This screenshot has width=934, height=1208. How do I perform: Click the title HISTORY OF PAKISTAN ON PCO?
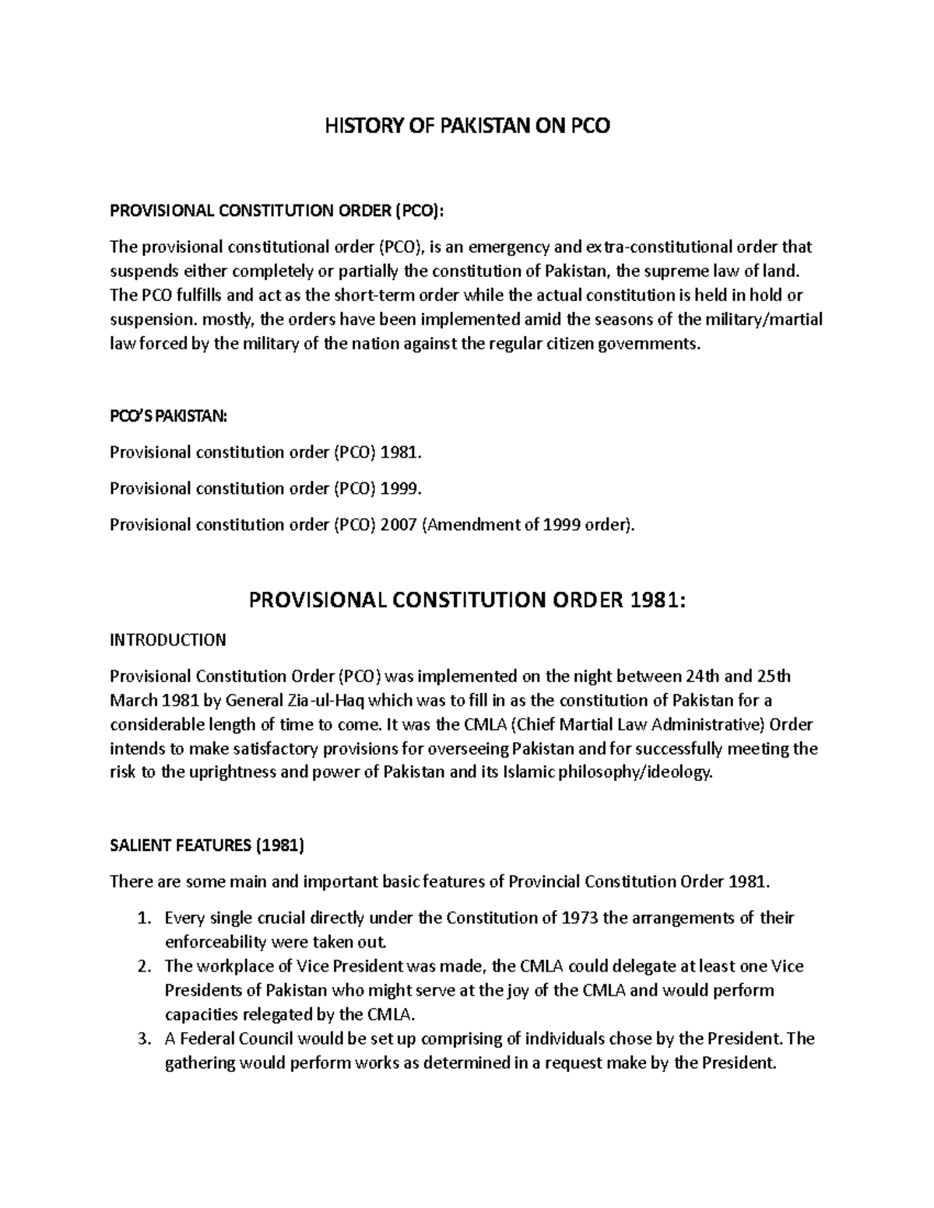point(467,125)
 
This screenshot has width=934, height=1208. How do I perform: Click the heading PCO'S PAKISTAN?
point(168,416)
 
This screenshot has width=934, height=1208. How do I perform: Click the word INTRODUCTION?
point(167,640)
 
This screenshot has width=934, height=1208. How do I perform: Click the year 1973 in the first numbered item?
point(580,918)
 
